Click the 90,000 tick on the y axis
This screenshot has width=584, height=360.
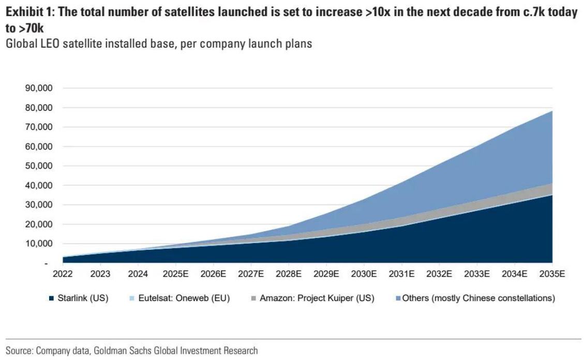[x=38, y=88]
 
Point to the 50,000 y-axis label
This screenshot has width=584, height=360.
[x=38, y=166]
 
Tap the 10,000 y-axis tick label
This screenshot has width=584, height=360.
[x=38, y=244]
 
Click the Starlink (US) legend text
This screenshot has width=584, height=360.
[x=82, y=298]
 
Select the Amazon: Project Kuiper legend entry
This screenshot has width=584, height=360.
[x=317, y=298]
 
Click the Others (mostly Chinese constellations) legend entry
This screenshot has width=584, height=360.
[x=478, y=298]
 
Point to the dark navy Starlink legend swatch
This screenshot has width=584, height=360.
[x=51, y=298]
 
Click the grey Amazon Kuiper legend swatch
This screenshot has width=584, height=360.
[x=253, y=298]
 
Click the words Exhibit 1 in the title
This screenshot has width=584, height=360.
[x=27, y=12]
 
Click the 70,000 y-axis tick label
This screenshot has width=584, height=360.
[x=38, y=127]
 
